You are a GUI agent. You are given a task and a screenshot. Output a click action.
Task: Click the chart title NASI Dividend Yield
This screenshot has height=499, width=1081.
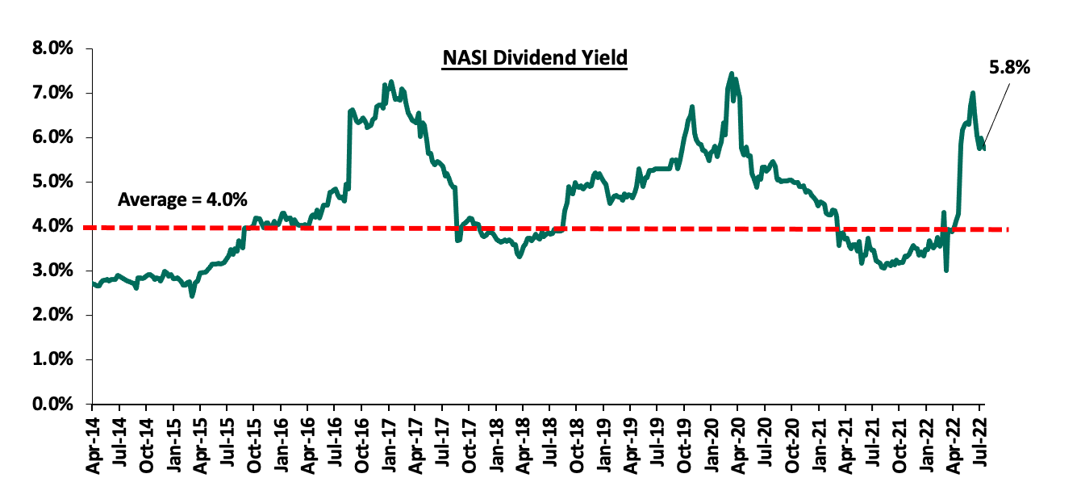534,59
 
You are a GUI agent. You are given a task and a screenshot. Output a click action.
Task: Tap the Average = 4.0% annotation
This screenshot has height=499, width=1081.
182,199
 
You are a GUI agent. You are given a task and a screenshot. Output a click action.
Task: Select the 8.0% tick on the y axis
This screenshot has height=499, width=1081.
53,49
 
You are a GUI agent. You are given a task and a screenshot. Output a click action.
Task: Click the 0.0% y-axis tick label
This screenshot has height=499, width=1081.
53,404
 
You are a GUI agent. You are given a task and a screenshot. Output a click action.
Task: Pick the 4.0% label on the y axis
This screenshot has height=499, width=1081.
53,227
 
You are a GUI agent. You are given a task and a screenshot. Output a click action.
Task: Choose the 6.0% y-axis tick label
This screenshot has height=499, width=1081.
53,138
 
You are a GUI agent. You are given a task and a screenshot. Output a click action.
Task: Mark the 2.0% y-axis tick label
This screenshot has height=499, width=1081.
53,316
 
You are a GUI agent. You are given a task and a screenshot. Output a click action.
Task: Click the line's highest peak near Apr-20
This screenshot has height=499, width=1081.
731,73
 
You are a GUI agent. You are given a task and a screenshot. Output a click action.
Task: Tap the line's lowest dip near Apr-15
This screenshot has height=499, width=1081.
192,296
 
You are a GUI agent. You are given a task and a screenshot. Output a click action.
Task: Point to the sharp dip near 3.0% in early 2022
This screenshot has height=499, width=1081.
945,270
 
